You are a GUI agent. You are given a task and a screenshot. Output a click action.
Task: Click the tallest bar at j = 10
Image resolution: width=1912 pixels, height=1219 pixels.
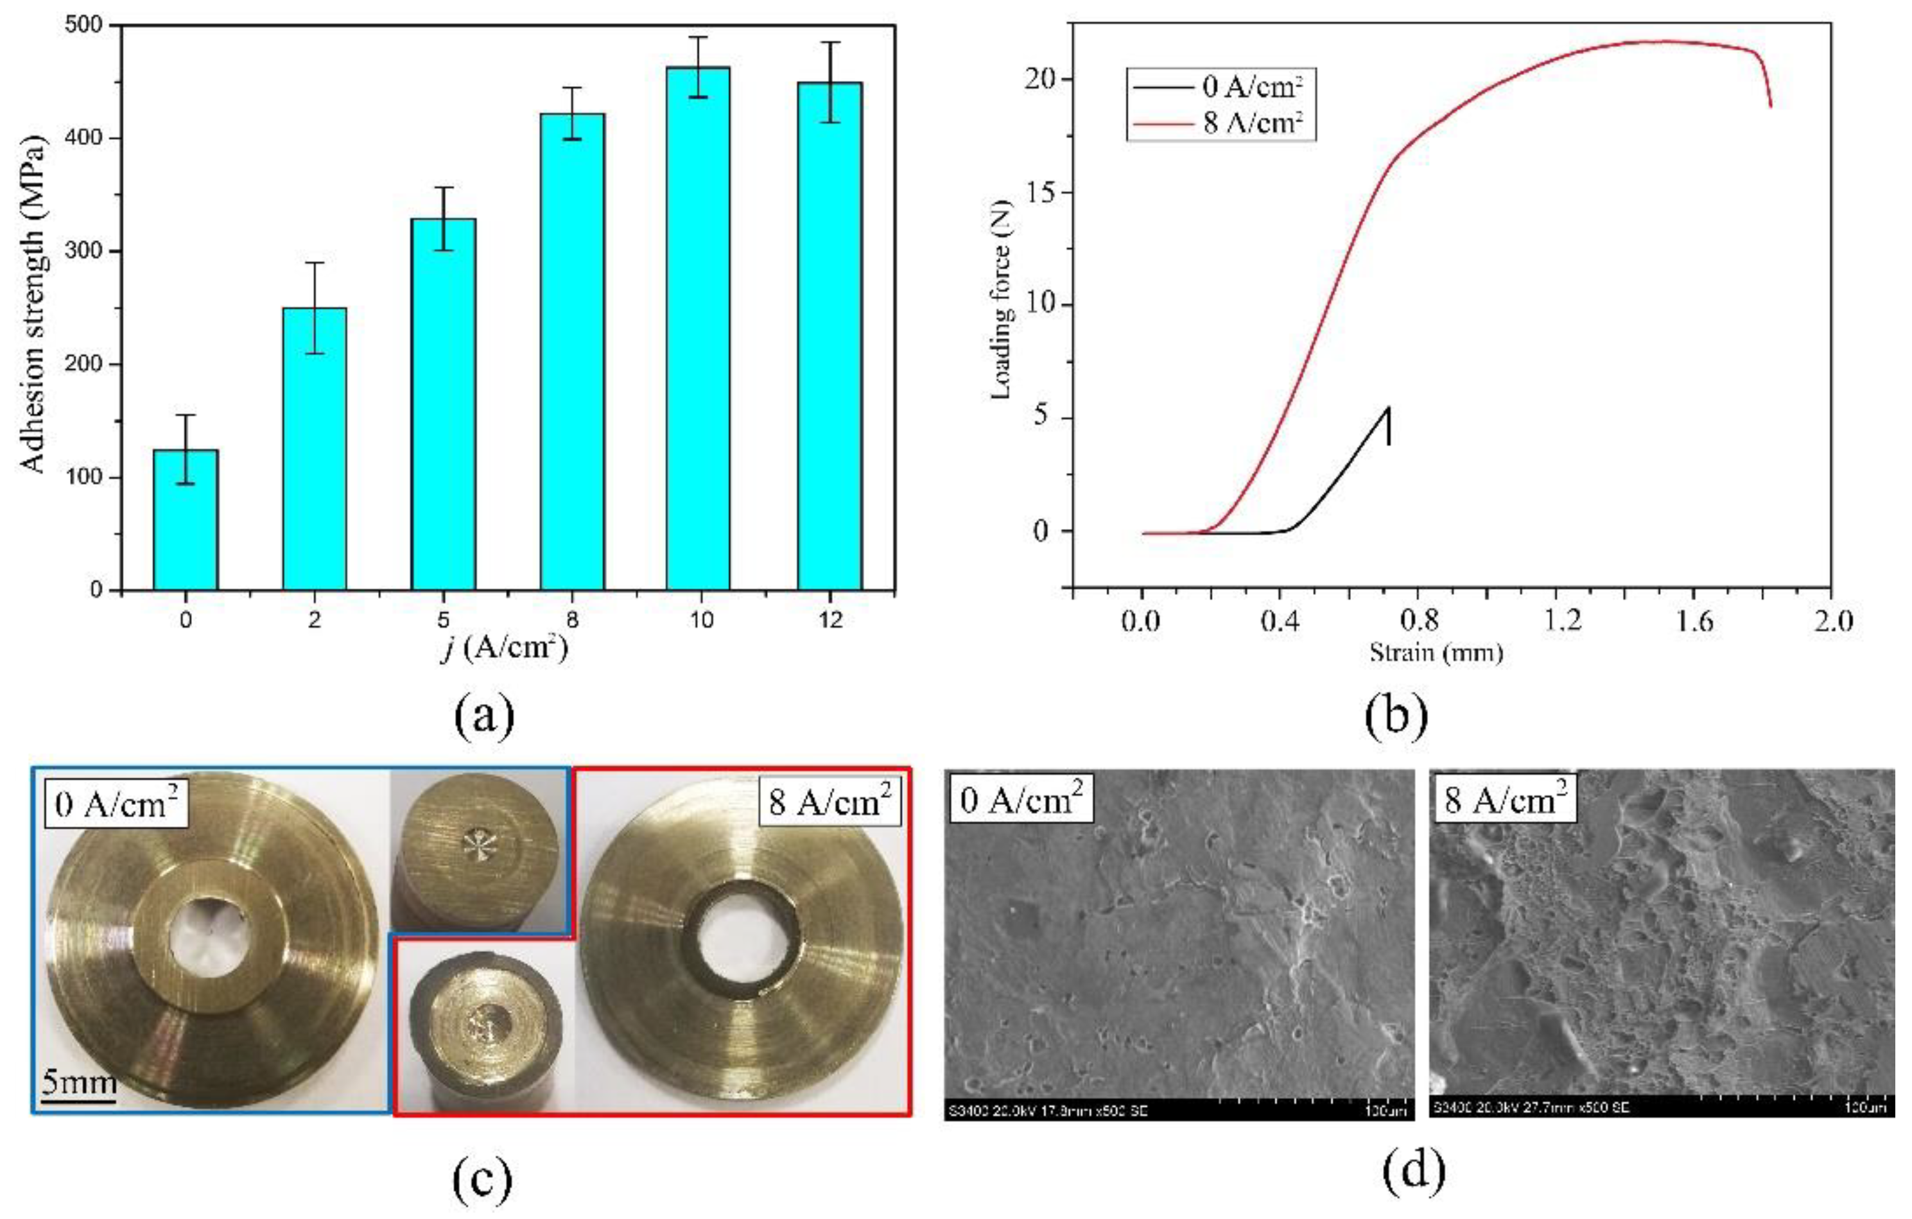[698, 333]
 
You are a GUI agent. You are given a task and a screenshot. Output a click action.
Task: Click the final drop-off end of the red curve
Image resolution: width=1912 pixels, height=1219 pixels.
[1770, 105]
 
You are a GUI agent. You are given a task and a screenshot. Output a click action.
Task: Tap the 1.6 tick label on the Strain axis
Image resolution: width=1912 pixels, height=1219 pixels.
[1694, 621]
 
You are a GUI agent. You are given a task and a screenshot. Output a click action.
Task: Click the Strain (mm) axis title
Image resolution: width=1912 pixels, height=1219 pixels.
[1436, 653]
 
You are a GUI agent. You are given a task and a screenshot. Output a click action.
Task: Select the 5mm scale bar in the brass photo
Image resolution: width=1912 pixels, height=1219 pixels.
[78, 1099]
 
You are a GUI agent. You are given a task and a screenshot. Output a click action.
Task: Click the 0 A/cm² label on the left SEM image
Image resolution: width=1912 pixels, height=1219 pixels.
[1020, 799]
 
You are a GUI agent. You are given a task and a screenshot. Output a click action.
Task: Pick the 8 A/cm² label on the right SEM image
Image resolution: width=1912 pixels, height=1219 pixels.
[1503, 799]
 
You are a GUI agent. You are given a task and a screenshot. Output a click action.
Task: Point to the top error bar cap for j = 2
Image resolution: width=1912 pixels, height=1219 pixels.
[315, 263]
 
